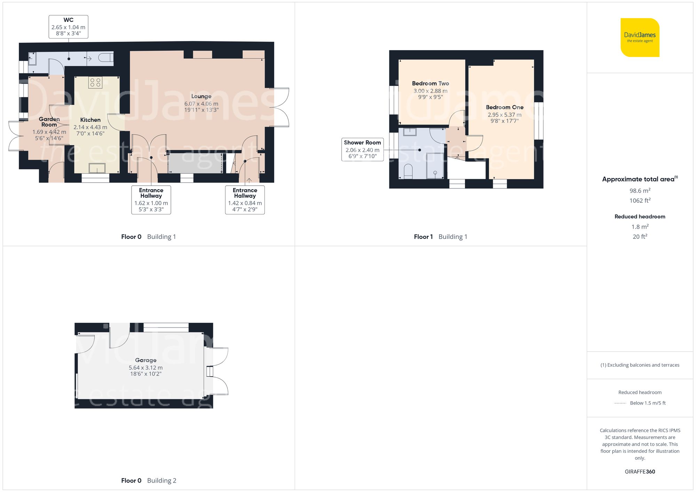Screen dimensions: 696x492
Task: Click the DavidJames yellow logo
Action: pyautogui.click(x=640, y=38)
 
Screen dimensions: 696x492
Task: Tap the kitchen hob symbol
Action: pyautogui.click(x=95, y=82)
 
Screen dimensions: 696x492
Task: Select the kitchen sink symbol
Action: pyautogui.click(x=97, y=168)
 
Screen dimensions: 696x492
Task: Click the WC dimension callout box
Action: pyautogui.click(x=68, y=27)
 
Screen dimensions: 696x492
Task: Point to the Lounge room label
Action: pyautogui.click(x=201, y=96)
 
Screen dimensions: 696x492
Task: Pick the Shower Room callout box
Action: pyautogui.click(x=362, y=150)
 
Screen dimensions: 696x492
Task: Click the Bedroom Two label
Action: pyautogui.click(x=430, y=83)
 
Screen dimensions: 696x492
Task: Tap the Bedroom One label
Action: pyautogui.click(x=505, y=107)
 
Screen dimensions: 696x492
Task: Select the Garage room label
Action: pyautogui.click(x=146, y=360)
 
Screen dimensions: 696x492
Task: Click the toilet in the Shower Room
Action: pyautogui.click(x=408, y=171)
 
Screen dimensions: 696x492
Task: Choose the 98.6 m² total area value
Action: pyautogui.click(x=640, y=191)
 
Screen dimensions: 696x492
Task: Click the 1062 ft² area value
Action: pyautogui.click(x=640, y=200)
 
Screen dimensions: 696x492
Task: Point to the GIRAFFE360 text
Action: pyautogui.click(x=640, y=471)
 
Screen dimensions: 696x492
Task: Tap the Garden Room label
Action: pyautogui.click(x=49, y=122)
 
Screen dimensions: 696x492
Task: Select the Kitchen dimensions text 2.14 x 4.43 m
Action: pyautogui.click(x=90, y=127)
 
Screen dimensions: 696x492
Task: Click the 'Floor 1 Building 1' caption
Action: pyautogui.click(x=441, y=237)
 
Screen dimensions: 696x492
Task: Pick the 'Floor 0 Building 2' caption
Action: pyautogui.click(x=149, y=481)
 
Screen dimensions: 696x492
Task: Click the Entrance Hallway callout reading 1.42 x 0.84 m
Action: pyautogui.click(x=245, y=200)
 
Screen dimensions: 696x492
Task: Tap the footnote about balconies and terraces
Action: pyautogui.click(x=640, y=365)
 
